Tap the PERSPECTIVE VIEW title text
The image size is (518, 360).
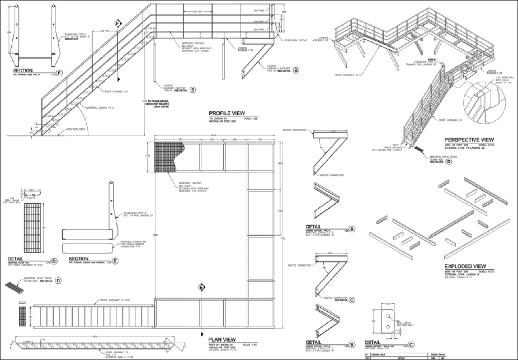point(468,139)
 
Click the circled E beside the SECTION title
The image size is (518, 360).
point(115,260)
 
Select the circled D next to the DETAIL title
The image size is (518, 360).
point(54,261)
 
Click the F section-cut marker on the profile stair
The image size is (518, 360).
point(117,24)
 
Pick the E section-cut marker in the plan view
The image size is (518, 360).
point(201,287)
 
